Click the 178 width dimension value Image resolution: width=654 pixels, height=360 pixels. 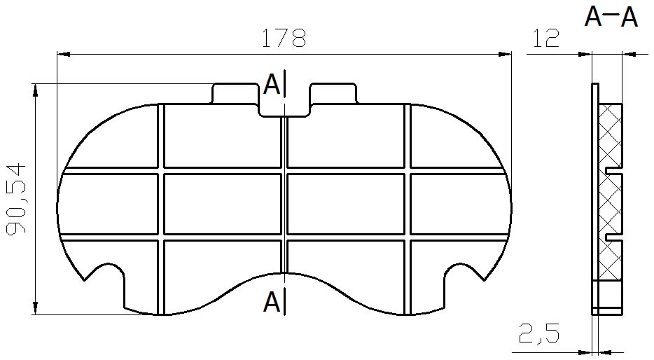point(284,38)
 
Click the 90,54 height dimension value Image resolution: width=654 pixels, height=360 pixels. point(17,199)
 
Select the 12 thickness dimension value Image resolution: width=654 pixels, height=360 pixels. point(545,38)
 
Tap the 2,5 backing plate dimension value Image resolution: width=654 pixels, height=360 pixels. point(539,333)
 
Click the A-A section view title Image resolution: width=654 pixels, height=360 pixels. point(611,18)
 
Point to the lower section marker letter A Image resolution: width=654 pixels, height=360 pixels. point(272,302)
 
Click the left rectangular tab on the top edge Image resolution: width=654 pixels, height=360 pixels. point(235,93)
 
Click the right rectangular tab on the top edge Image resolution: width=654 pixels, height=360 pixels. point(333,93)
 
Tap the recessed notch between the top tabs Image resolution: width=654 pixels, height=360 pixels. point(284,110)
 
